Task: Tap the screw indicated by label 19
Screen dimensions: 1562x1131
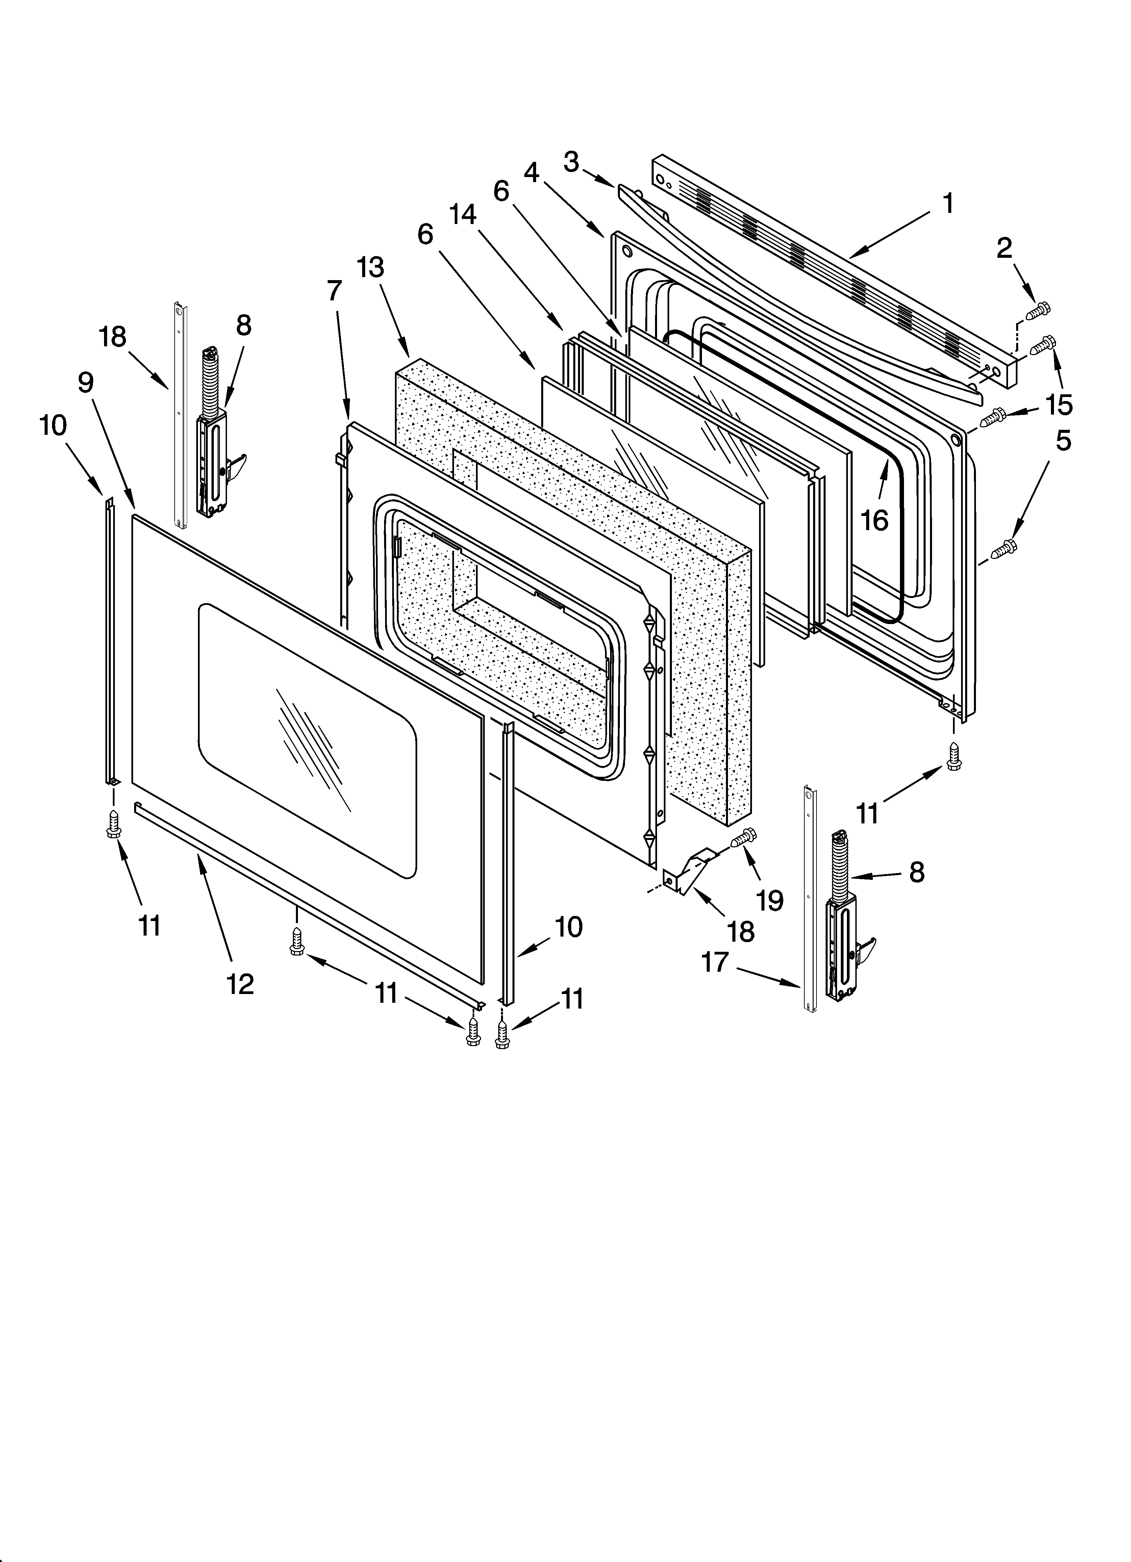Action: pos(743,838)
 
